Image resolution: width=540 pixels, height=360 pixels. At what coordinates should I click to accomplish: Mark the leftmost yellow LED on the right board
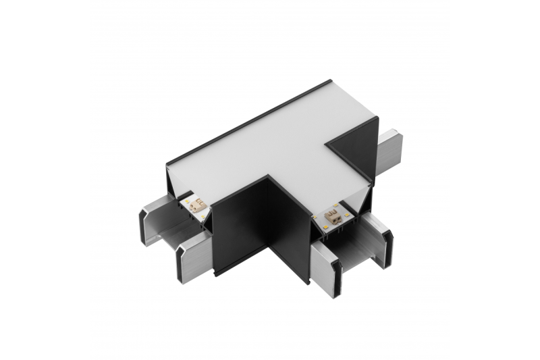pos(320,217)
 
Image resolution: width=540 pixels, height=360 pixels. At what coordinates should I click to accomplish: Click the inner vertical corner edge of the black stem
pos(271,223)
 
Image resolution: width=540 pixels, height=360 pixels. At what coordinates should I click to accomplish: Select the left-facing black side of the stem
pos(243,230)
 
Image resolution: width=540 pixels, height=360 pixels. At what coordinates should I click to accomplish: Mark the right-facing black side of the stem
pos(290,233)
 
